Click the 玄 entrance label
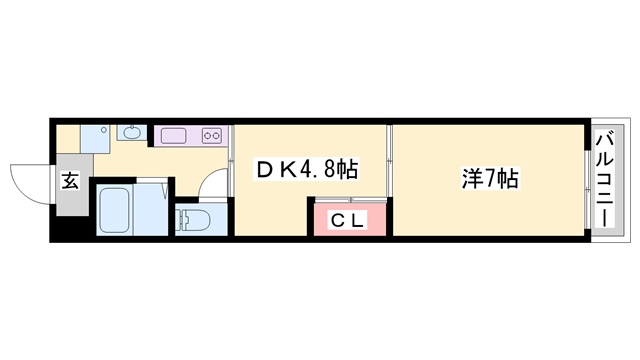click(71, 181)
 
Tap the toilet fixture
click(192, 219)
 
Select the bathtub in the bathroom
click(118, 211)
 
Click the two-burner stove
click(212, 135)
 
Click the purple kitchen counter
click(191, 135)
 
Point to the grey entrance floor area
click(71, 190)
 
